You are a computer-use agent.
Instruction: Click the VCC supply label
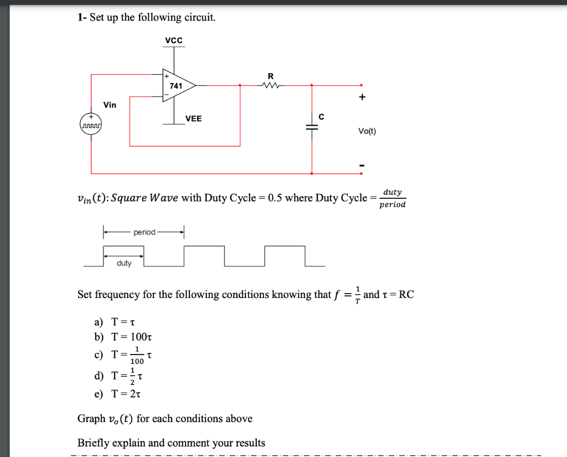tap(174, 41)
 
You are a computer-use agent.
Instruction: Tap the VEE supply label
tap(193, 119)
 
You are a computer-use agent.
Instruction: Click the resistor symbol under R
tap(271, 85)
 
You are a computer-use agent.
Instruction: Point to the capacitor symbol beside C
tap(312, 127)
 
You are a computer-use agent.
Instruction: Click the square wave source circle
tap(91, 124)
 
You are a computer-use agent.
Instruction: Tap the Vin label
tap(110, 105)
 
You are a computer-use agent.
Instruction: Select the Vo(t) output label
tap(367, 131)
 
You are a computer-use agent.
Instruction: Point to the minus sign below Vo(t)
tap(362, 165)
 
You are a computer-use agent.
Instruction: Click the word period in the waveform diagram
tap(145, 232)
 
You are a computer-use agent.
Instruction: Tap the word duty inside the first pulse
tap(124, 263)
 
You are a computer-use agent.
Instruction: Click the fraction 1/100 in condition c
tap(136, 357)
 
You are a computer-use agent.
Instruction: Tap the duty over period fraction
tap(393, 198)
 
